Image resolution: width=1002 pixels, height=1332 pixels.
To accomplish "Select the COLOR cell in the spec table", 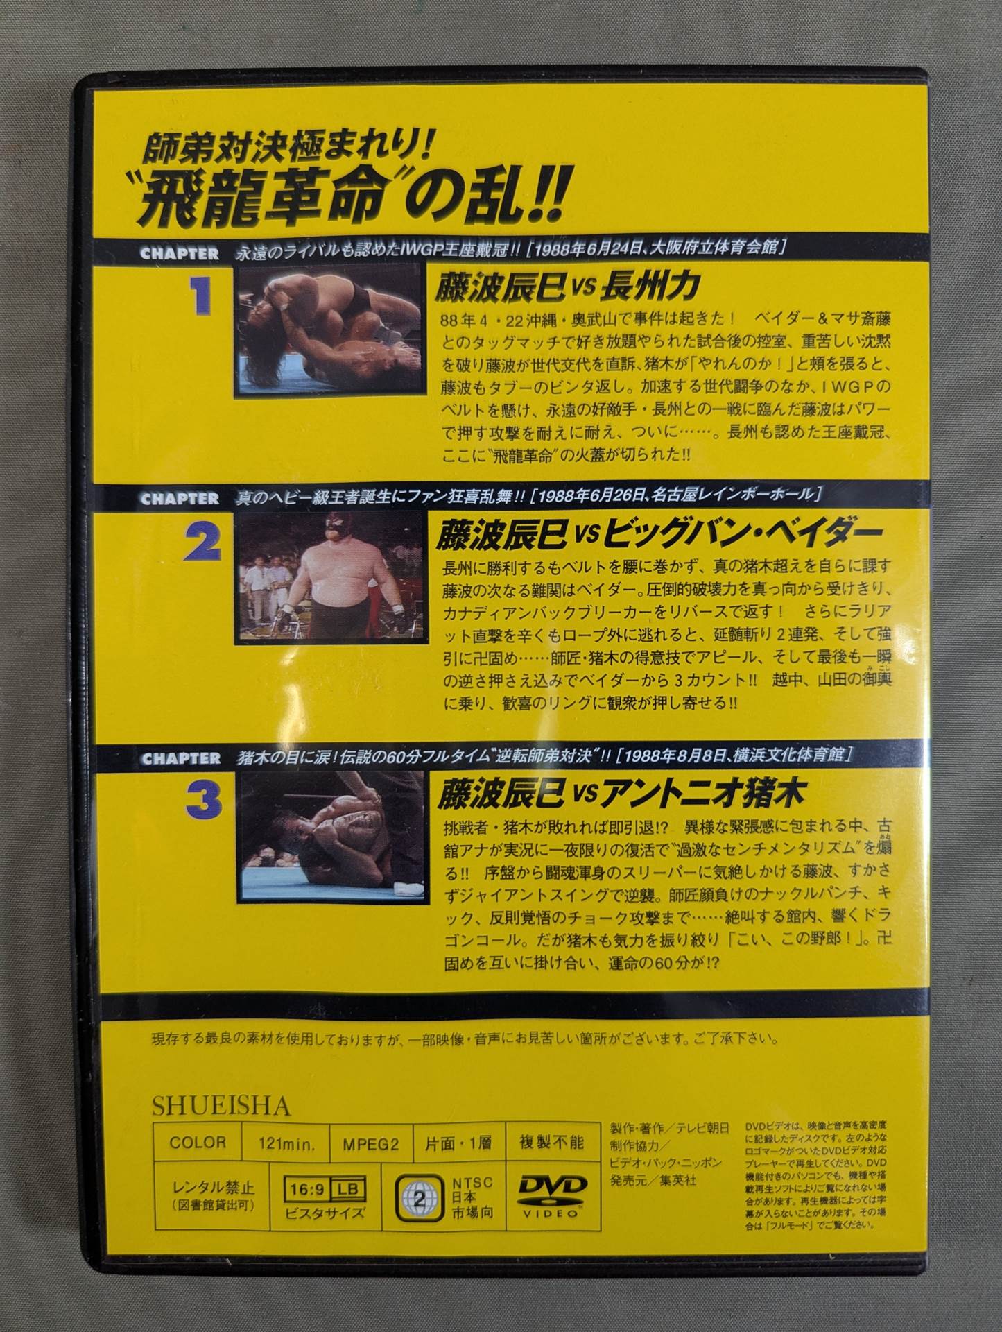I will [x=198, y=1143].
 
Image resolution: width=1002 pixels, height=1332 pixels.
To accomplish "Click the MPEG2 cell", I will [x=371, y=1143].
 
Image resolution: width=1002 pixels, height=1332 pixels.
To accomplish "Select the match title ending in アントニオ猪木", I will [x=621, y=794].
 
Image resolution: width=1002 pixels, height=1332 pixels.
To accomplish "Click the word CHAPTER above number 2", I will [x=180, y=499].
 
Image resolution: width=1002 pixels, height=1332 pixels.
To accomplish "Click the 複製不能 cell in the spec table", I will [x=551, y=1142].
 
